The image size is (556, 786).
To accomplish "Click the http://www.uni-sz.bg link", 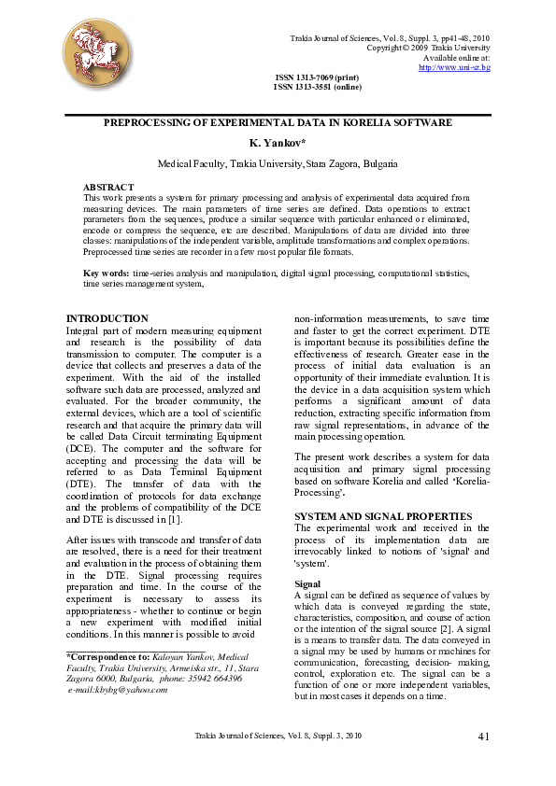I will [x=454, y=67].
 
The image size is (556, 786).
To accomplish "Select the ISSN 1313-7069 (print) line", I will [x=317, y=77].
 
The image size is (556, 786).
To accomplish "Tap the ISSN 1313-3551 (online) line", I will [x=317, y=87].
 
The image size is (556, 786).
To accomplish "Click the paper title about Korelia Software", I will [x=278, y=122].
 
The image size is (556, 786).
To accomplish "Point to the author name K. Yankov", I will [x=278, y=143].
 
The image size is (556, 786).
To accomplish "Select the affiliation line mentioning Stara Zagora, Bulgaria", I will [x=278, y=163].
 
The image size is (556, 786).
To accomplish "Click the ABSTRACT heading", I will [x=108, y=188].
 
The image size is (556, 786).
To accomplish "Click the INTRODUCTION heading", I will [x=107, y=318].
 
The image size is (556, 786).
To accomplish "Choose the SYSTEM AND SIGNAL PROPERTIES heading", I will [x=370, y=516].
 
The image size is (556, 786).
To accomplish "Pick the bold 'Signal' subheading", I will [x=307, y=582].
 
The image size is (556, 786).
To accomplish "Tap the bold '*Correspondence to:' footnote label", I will [x=103, y=657].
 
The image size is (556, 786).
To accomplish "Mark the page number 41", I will [x=483, y=737].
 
